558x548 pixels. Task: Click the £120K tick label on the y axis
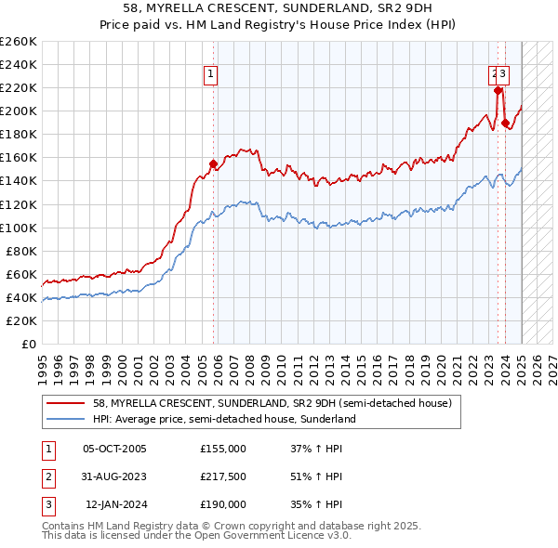click(19, 204)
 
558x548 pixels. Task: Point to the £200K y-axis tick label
click(19, 111)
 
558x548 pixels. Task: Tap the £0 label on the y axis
click(28, 344)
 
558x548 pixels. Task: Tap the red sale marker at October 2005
click(213, 163)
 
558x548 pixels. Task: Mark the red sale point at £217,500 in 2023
click(498, 90)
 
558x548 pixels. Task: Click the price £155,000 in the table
click(223, 448)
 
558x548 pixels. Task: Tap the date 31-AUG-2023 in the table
click(114, 476)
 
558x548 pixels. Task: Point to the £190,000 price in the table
click(223, 505)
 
